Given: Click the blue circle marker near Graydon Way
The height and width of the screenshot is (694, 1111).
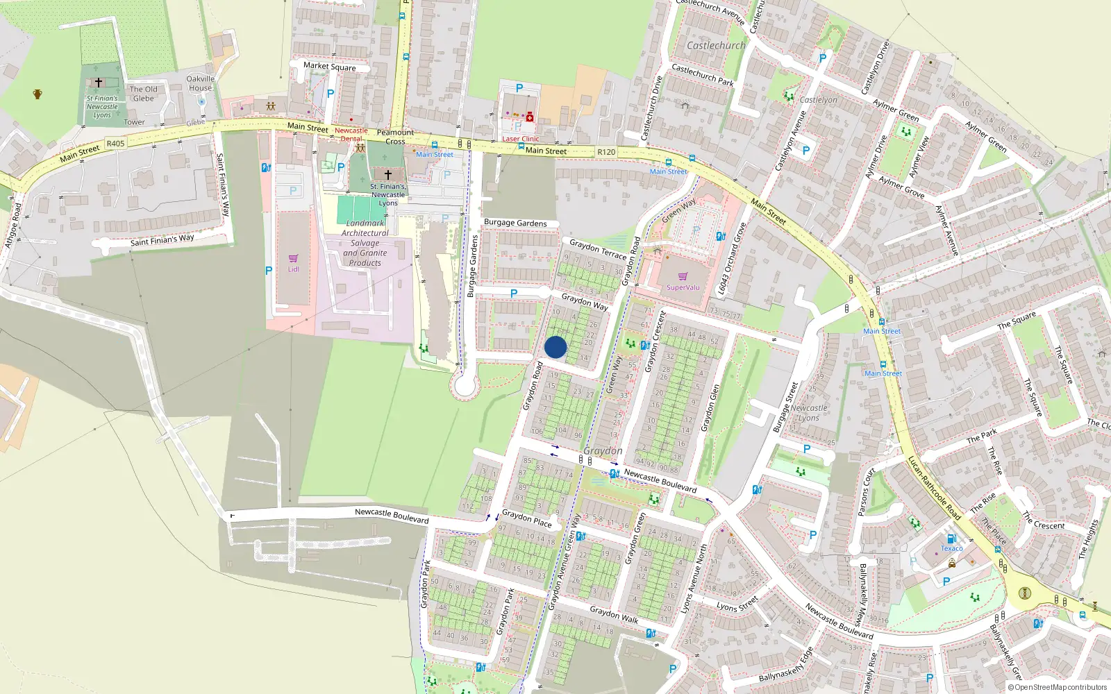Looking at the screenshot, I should click(x=555, y=347).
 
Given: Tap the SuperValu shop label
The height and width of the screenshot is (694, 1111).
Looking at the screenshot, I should click(x=683, y=287).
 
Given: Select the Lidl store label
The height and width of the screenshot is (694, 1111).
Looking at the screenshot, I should click(x=294, y=269).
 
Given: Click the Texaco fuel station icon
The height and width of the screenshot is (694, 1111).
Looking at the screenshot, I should click(x=952, y=539).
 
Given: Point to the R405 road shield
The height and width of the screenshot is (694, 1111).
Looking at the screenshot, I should click(x=115, y=144).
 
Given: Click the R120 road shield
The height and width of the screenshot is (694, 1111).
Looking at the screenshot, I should click(x=606, y=152).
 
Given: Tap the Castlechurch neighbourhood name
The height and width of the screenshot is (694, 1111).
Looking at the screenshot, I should click(x=716, y=46).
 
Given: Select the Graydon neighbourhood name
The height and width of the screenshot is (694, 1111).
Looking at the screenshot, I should click(x=603, y=451).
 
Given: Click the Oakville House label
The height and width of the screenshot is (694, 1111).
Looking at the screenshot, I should click(x=201, y=83).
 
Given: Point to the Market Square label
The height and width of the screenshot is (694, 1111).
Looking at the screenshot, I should click(x=329, y=67).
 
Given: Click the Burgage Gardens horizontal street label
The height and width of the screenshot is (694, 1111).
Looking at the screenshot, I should click(x=515, y=223).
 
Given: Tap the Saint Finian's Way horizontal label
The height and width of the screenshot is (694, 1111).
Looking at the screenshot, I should click(x=162, y=240).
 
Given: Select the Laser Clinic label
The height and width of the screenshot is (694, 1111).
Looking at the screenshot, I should click(x=521, y=139).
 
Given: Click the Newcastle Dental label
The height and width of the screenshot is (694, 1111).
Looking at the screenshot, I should click(x=351, y=135).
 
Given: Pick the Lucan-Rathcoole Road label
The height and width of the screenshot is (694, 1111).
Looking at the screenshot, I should click(x=934, y=488).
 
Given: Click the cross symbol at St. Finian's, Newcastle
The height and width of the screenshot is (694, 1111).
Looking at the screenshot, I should click(x=388, y=175).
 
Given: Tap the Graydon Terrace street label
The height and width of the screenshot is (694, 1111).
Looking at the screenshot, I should click(x=598, y=248).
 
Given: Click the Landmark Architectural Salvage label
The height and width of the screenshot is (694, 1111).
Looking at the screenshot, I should click(x=365, y=243).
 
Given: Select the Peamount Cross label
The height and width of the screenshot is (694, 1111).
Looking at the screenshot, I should click(x=395, y=137).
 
